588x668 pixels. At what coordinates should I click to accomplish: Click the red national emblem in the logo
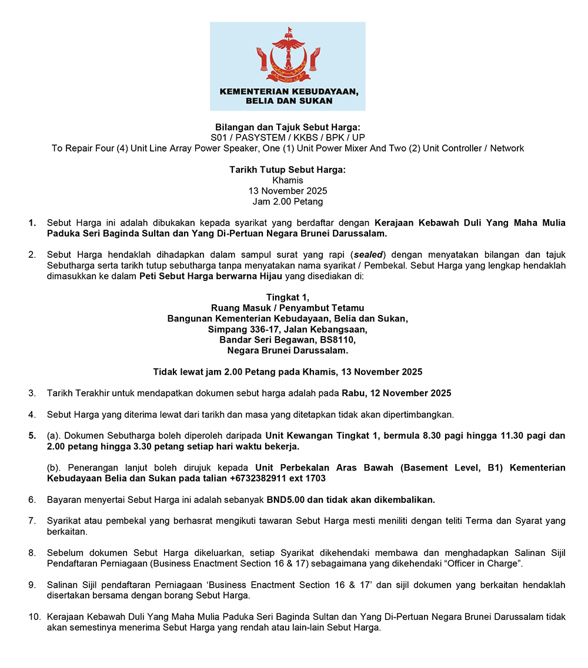coord(288,56)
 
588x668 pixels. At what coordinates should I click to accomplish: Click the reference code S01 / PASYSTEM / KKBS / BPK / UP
coord(288,137)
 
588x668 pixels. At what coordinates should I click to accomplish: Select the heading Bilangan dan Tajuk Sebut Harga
coord(288,127)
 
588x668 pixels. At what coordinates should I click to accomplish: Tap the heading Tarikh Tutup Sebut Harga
coord(288,170)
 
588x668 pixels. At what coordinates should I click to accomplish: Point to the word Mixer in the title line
coord(349,148)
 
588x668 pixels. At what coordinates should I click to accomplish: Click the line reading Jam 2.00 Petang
coord(288,202)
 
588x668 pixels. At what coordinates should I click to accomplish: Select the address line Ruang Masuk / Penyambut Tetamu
coord(288,308)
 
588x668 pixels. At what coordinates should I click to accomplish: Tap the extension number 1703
coord(315,478)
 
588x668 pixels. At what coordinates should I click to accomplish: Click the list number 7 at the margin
coord(32,521)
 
